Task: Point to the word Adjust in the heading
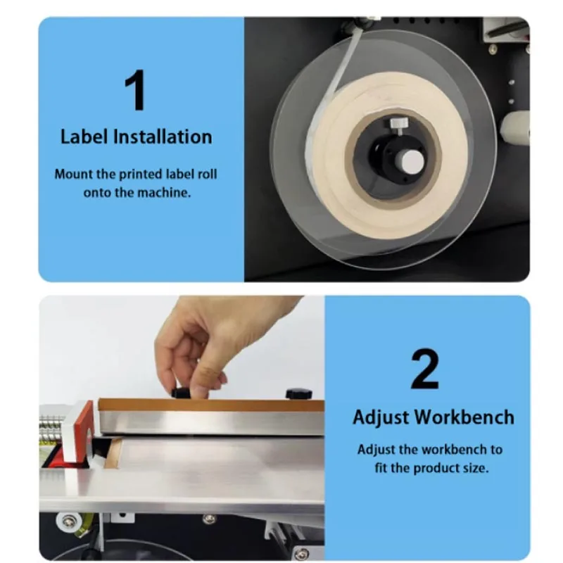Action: click(x=380, y=417)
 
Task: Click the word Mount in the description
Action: click(x=72, y=174)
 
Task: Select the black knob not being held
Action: click(x=298, y=393)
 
